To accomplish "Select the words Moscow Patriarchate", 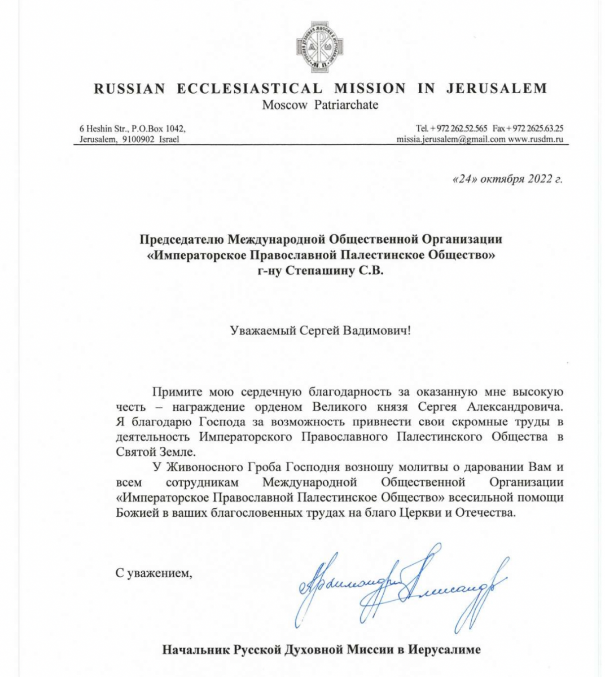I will pyautogui.click(x=320, y=105).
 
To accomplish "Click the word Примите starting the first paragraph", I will pyautogui.click(x=174, y=392).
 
